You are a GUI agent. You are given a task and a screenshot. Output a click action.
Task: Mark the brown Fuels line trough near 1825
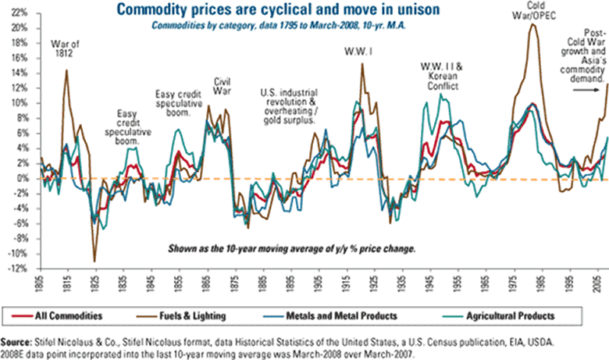(95, 261)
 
